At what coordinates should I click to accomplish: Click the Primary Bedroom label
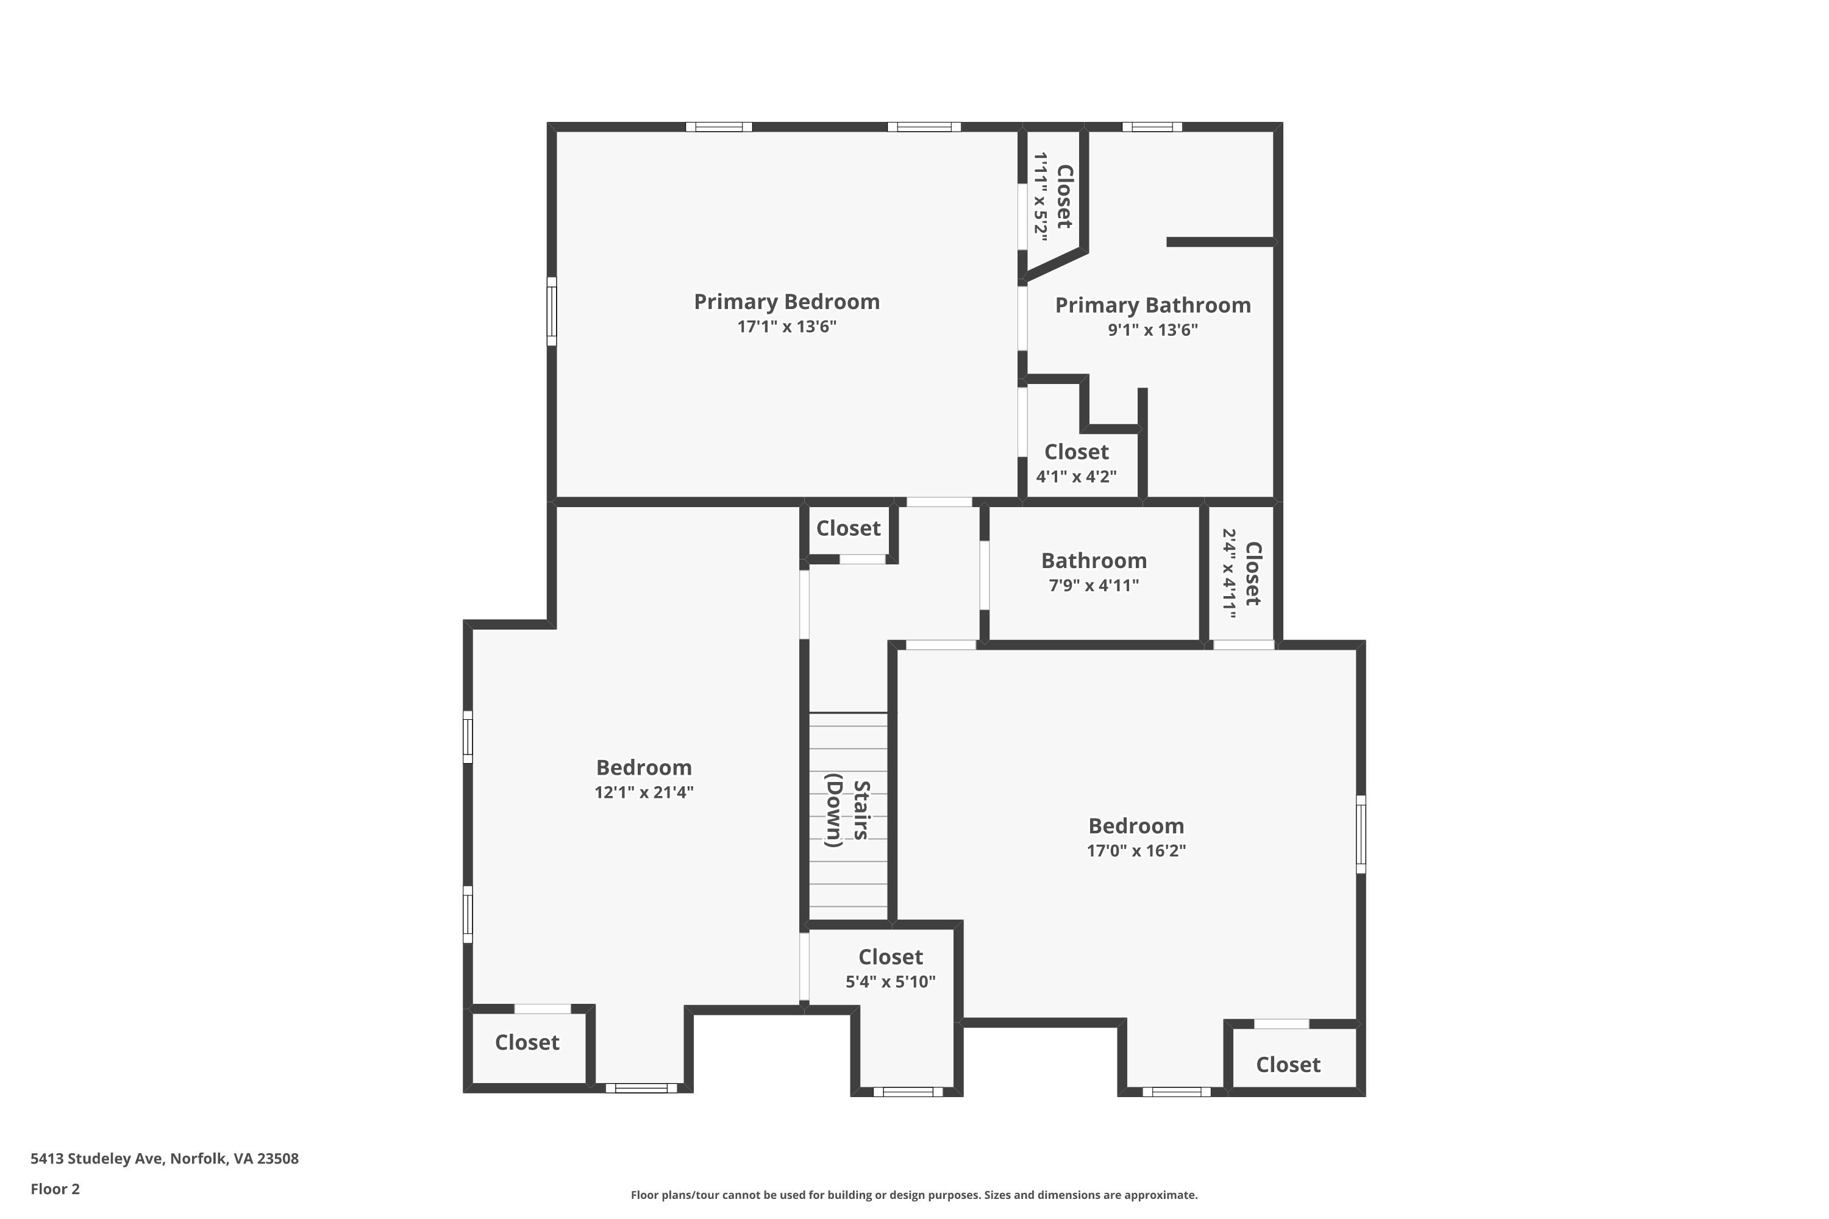pyautogui.click(x=786, y=302)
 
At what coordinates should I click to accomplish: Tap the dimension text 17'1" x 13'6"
pyautogui.click(x=786, y=327)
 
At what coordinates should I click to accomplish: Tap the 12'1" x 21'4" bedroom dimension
pyautogui.click(x=644, y=792)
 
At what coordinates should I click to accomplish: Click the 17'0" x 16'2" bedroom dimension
pyautogui.click(x=1136, y=850)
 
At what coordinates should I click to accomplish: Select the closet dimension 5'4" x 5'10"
pyautogui.click(x=890, y=982)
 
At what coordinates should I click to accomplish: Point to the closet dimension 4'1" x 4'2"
pyautogui.click(x=1076, y=477)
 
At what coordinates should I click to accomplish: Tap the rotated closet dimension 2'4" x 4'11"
pyautogui.click(x=1230, y=574)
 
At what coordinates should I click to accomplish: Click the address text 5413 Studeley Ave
pyautogui.click(x=97, y=1159)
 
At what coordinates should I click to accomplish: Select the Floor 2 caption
pyautogui.click(x=55, y=1189)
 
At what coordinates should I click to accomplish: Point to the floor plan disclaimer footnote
pyautogui.click(x=914, y=1195)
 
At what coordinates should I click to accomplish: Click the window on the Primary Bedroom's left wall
pyautogui.click(x=551, y=311)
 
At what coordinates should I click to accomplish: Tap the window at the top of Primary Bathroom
pyautogui.click(x=1152, y=127)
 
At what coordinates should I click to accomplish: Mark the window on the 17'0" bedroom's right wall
pyautogui.click(x=1361, y=833)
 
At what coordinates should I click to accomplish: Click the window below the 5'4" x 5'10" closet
pyautogui.click(x=908, y=1092)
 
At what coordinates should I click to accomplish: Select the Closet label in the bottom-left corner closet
pyautogui.click(x=527, y=1042)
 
